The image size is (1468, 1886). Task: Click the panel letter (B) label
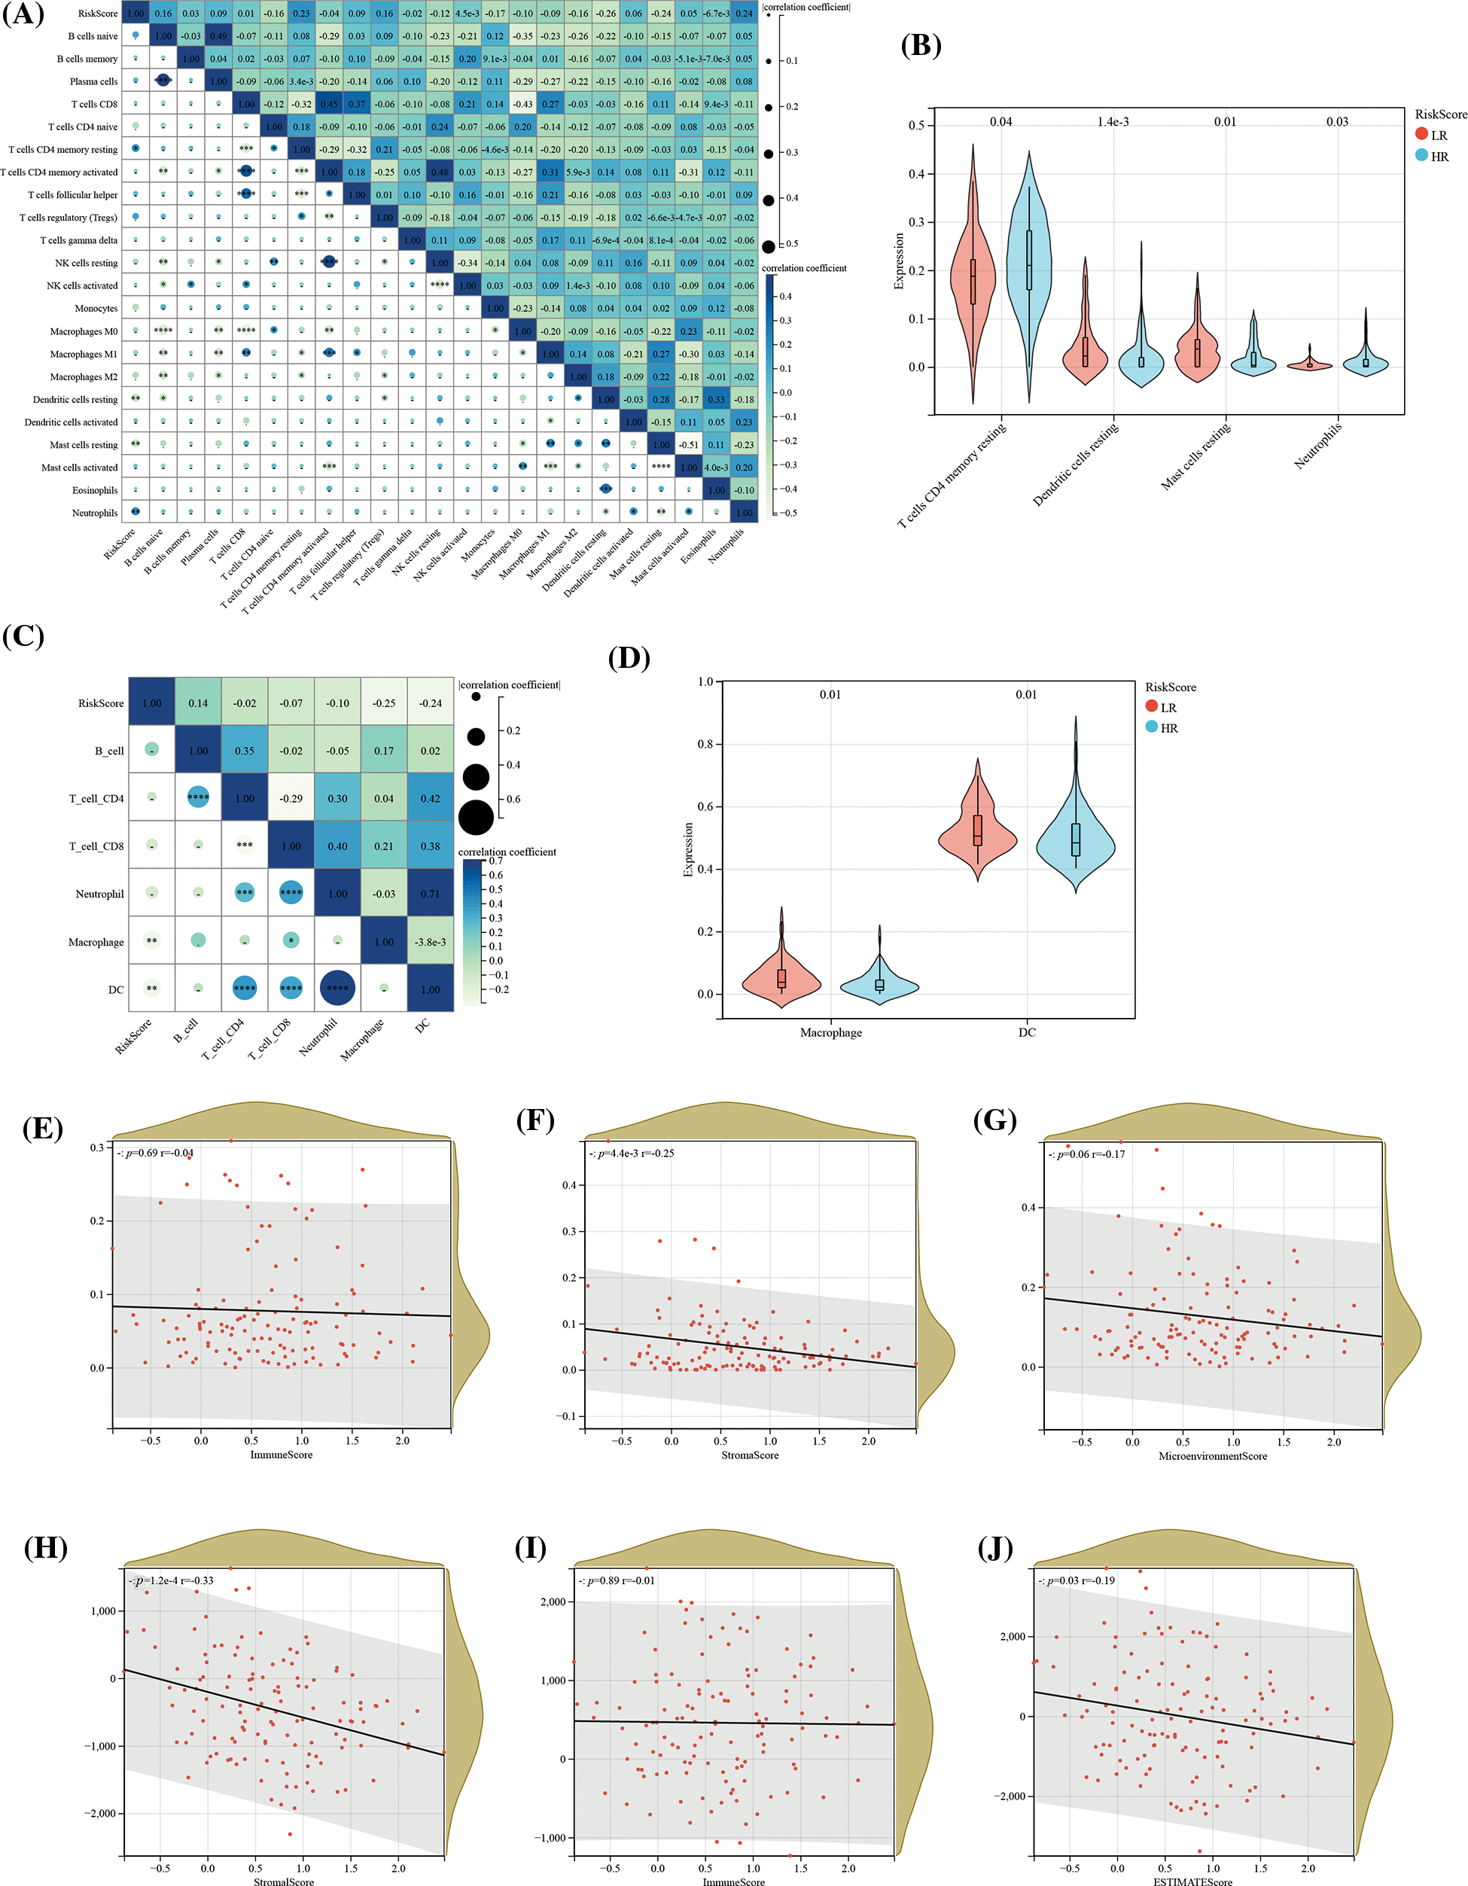(x=921, y=45)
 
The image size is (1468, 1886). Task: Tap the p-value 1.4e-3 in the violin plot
(x=1113, y=122)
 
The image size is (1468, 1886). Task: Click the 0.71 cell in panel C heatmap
(x=430, y=894)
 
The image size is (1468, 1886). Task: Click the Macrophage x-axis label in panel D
(x=830, y=1033)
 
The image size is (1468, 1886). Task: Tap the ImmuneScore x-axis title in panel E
(x=282, y=1455)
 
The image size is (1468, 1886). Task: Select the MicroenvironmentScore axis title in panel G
(x=1212, y=1456)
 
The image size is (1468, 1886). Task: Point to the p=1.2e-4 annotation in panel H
(x=172, y=1580)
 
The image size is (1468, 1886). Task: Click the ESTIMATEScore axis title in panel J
(x=1192, y=1881)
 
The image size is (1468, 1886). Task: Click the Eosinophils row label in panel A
(x=95, y=490)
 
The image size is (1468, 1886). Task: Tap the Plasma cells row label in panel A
(x=93, y=82)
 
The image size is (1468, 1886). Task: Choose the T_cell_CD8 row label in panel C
(x=96, y=846)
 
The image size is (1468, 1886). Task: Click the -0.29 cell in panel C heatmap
(x=291, y=799)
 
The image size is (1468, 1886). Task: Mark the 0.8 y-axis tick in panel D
(x=705, y=744)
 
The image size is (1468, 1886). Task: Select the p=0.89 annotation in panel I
(x=617, y=1580)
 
